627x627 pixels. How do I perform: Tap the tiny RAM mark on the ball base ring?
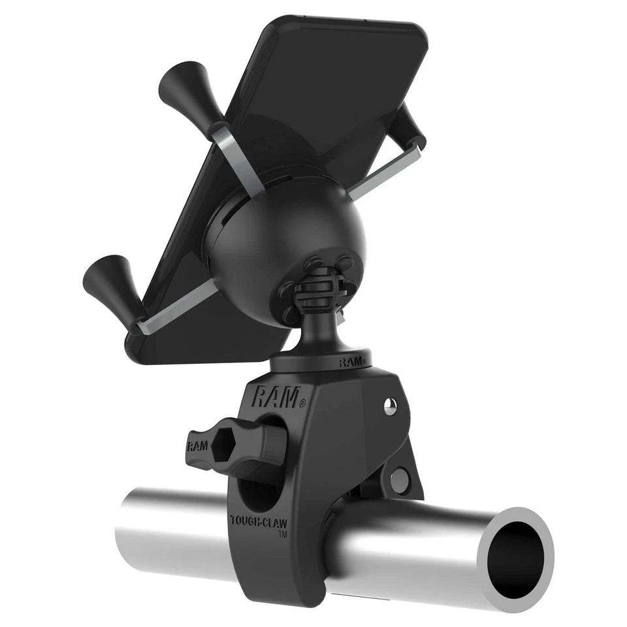351,361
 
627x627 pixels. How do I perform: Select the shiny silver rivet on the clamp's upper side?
390,408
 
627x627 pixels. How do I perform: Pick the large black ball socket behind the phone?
287,235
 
